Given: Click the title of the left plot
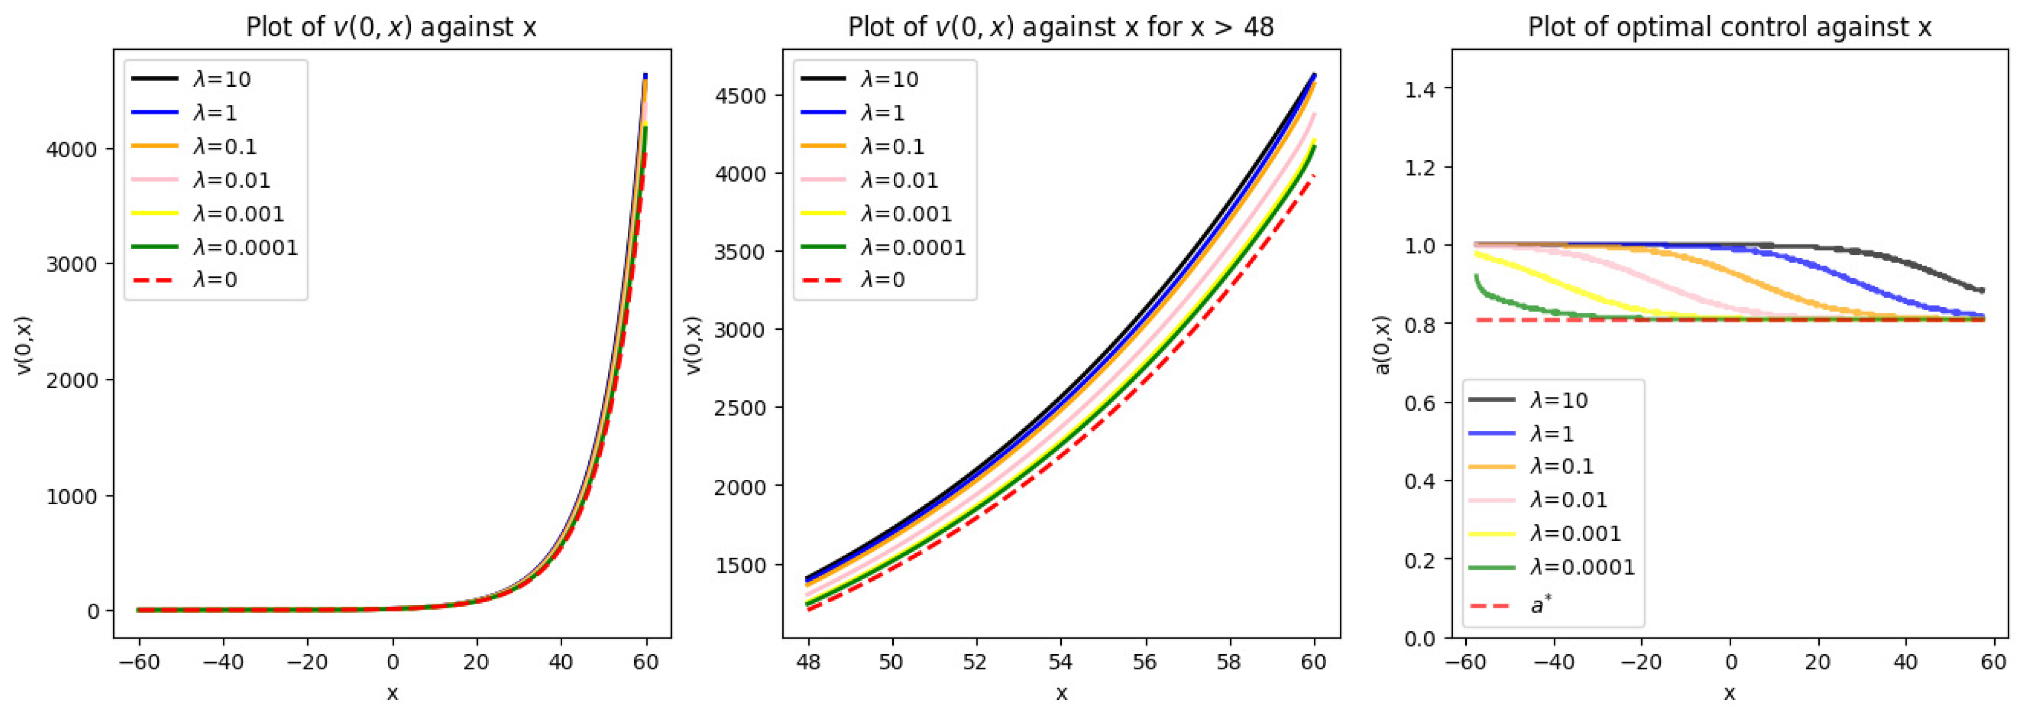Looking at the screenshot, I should pos(391,27).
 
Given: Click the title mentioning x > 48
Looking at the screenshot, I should pos(1060,27).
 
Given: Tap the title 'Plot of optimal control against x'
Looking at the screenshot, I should pos(1729,27).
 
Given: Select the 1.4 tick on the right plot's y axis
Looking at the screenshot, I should pos(1420,89).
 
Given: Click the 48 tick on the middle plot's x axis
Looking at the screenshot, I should pos(808,662).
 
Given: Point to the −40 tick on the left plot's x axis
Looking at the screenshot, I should pos(223,662).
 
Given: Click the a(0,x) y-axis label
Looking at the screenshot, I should pos(1383,344).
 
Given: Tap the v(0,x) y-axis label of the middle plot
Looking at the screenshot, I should pos(693,344).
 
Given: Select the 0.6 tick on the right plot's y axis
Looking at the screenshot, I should pos(1420,402).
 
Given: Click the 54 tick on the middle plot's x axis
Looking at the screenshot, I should pos(1060,662).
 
